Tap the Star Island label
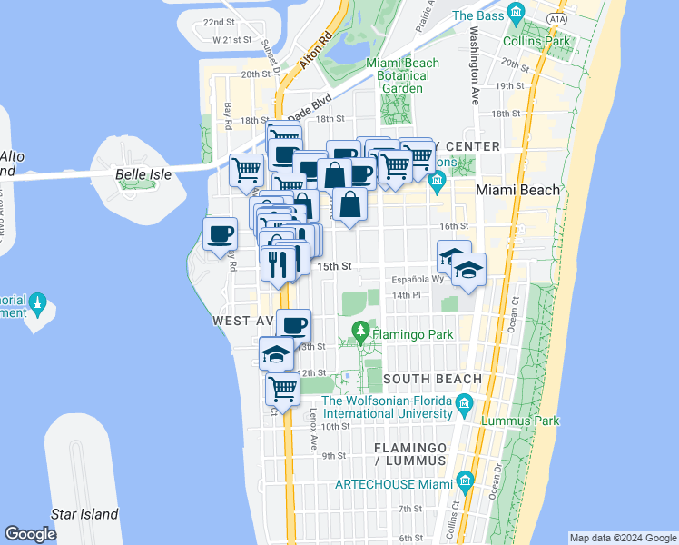coord(84,514)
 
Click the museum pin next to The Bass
coord(517,13)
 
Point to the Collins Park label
coord(548,41)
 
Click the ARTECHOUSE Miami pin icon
coord(465,480)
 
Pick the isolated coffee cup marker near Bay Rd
coord(220,235)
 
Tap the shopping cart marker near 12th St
coord(282,390)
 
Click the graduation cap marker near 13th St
coord(276,353)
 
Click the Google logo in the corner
coord(30,534)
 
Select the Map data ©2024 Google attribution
coord(622,538)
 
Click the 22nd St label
coord(219,22)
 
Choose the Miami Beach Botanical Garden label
coord(402,75)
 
